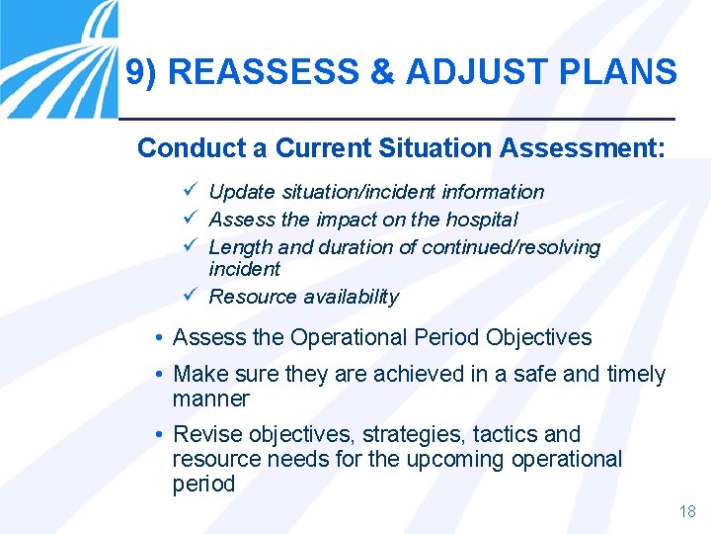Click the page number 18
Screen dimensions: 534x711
pos(687,511)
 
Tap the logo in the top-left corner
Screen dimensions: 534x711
pos(58,58)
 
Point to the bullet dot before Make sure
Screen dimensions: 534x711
pos(159,375)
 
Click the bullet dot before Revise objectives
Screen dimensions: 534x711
pos(159,435)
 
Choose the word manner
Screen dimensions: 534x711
pos(211,400)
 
